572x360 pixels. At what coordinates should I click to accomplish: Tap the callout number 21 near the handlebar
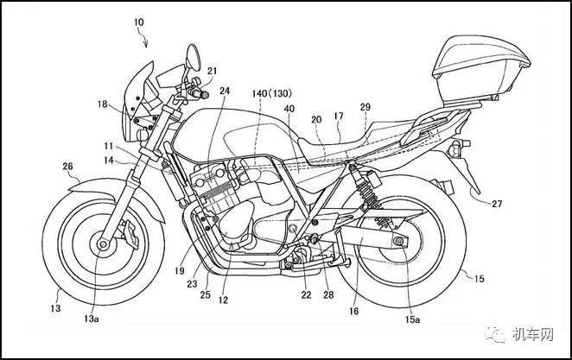[213, 71]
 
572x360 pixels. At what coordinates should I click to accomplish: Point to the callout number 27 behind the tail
[497, 204]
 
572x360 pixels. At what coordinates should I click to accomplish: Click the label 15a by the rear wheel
[413, 319]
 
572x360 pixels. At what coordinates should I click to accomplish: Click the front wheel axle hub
[104, 245]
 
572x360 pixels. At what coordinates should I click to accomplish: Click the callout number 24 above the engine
[225, 91]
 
